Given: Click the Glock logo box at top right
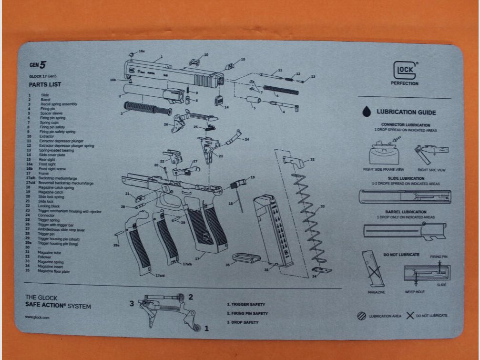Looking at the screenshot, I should pyautogui.click(x=405, y=72).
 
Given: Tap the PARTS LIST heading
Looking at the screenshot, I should pyautogui.click(x=45, y=84).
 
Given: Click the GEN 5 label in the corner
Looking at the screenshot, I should pyautogui.click(x=38, y=65).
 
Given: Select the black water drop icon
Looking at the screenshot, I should pyautogui.click(x=367, y=112).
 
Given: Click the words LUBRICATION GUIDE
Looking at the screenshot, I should pyautogui.click(x=406, y=113).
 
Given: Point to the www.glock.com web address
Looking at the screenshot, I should pyautogui.click(x=37, y=317).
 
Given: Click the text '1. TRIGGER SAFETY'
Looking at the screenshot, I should pyautogui.click(x=245, y=304).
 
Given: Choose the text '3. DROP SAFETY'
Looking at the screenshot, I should pyautogui.click(x=242, y=322).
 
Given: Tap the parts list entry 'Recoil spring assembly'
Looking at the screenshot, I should pyautogui.click(x=59, y=104).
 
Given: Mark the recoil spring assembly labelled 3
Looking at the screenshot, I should pyautogui.click(x=147, y=108).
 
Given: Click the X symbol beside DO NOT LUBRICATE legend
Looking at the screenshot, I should pyautogui.click(x=410, y=316).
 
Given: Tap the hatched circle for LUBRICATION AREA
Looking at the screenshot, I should pyautogui.click(x=362, y=316).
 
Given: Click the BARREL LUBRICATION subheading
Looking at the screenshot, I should pyautogui.click(x=406, y=212).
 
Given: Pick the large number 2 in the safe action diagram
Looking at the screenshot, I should pyautogui.click(x=190, y=297).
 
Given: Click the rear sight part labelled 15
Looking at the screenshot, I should pyautogui.click(x=230, y=66).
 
